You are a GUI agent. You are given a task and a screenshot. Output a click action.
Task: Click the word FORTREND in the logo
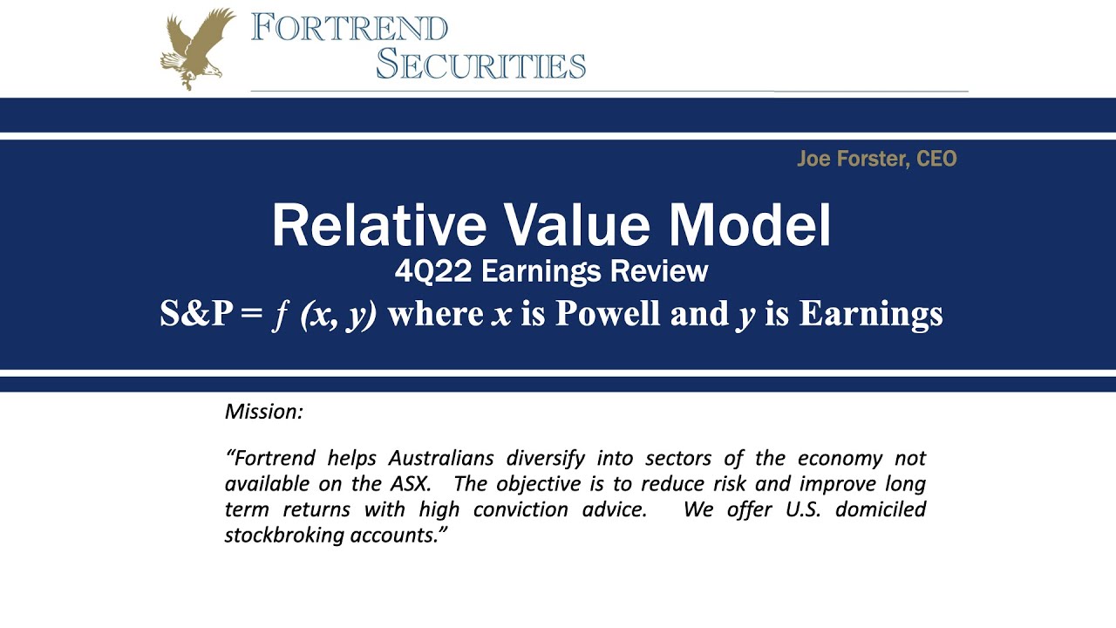tap(349, 28)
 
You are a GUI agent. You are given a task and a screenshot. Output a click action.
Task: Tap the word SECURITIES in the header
tap(480, 64)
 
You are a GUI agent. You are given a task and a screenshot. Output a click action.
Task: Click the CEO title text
tap(936, 159)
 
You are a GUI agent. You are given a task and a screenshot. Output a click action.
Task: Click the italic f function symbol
tap(281, 316)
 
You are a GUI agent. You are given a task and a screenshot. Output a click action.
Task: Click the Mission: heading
tap(264, 411)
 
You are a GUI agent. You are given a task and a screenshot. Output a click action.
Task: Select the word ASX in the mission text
tap(408, 483)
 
